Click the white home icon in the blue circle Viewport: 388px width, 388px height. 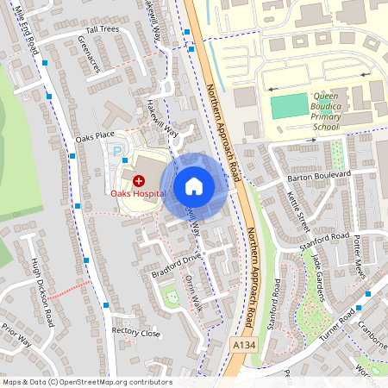pos(194,185)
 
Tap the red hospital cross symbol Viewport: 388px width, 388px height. pos(139,180)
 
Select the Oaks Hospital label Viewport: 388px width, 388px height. pos(137,193)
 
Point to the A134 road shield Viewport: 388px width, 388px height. pos(243,345)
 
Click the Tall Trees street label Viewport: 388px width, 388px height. pos(103,29)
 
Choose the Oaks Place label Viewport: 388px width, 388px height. pos(95,136)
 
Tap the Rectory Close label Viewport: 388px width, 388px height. pos(136,332)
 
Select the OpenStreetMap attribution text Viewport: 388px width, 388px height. pos(86,382)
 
